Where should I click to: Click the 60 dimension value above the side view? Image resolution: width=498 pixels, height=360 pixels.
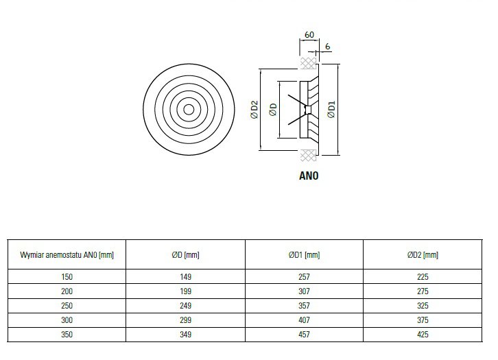[309, 34]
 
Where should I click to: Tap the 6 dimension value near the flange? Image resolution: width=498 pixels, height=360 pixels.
[327, 47]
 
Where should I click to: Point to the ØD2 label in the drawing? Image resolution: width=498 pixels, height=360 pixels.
[254, 110]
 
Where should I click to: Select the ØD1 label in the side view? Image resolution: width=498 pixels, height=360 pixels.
[331, 110]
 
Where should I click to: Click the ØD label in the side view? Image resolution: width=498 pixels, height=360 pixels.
[273, 110]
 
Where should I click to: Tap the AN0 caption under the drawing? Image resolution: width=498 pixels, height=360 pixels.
[309, 176]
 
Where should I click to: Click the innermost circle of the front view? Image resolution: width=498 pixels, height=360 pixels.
[189, 110]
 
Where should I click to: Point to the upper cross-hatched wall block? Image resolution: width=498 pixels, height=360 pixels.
[308, 63]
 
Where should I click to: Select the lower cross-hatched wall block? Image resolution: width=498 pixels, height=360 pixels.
[308, 156]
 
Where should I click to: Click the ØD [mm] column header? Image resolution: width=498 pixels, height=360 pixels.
[185, 255]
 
